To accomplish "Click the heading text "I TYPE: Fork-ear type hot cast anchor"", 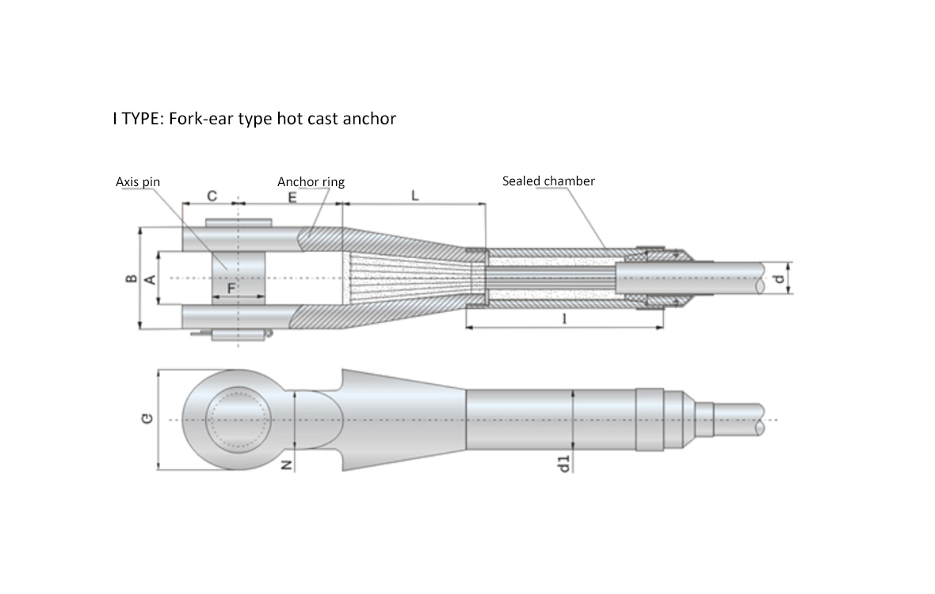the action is (x=254, y=119).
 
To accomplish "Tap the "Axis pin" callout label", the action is (x=138, y=181).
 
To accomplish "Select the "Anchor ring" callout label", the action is (x=311, y=181).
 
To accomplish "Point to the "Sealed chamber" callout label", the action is (x=548, y=181).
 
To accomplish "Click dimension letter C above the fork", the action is (x=212, y=196).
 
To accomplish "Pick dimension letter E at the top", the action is (x=293, y=197).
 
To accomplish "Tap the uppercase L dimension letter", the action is (x=415, y=196).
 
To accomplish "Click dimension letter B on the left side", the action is (x=133, y=278).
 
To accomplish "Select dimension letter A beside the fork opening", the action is (x=151, y=279).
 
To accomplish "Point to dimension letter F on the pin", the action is (x=231, y=288).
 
